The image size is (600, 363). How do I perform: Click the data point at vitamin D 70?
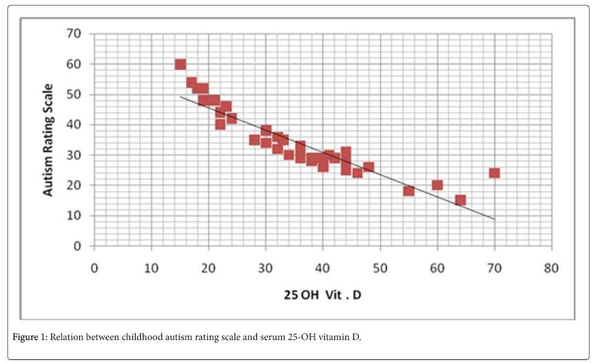[494, 173]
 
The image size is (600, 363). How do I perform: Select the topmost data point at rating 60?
[180, 64]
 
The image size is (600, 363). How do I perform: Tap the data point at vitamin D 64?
[460, 200]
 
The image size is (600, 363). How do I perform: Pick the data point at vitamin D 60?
[437, 185]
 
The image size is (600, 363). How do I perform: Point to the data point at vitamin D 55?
[409, 191]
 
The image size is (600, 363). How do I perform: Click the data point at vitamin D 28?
[255, 140]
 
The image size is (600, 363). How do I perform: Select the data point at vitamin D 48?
[369, 167]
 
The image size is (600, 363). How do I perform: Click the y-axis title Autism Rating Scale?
[48, 139]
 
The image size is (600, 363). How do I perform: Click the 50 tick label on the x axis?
[380, 268]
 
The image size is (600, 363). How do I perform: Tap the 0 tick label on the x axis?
[94, 268]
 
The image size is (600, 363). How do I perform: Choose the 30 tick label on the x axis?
[266, 268]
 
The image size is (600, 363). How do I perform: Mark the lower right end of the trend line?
[494, 219]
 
